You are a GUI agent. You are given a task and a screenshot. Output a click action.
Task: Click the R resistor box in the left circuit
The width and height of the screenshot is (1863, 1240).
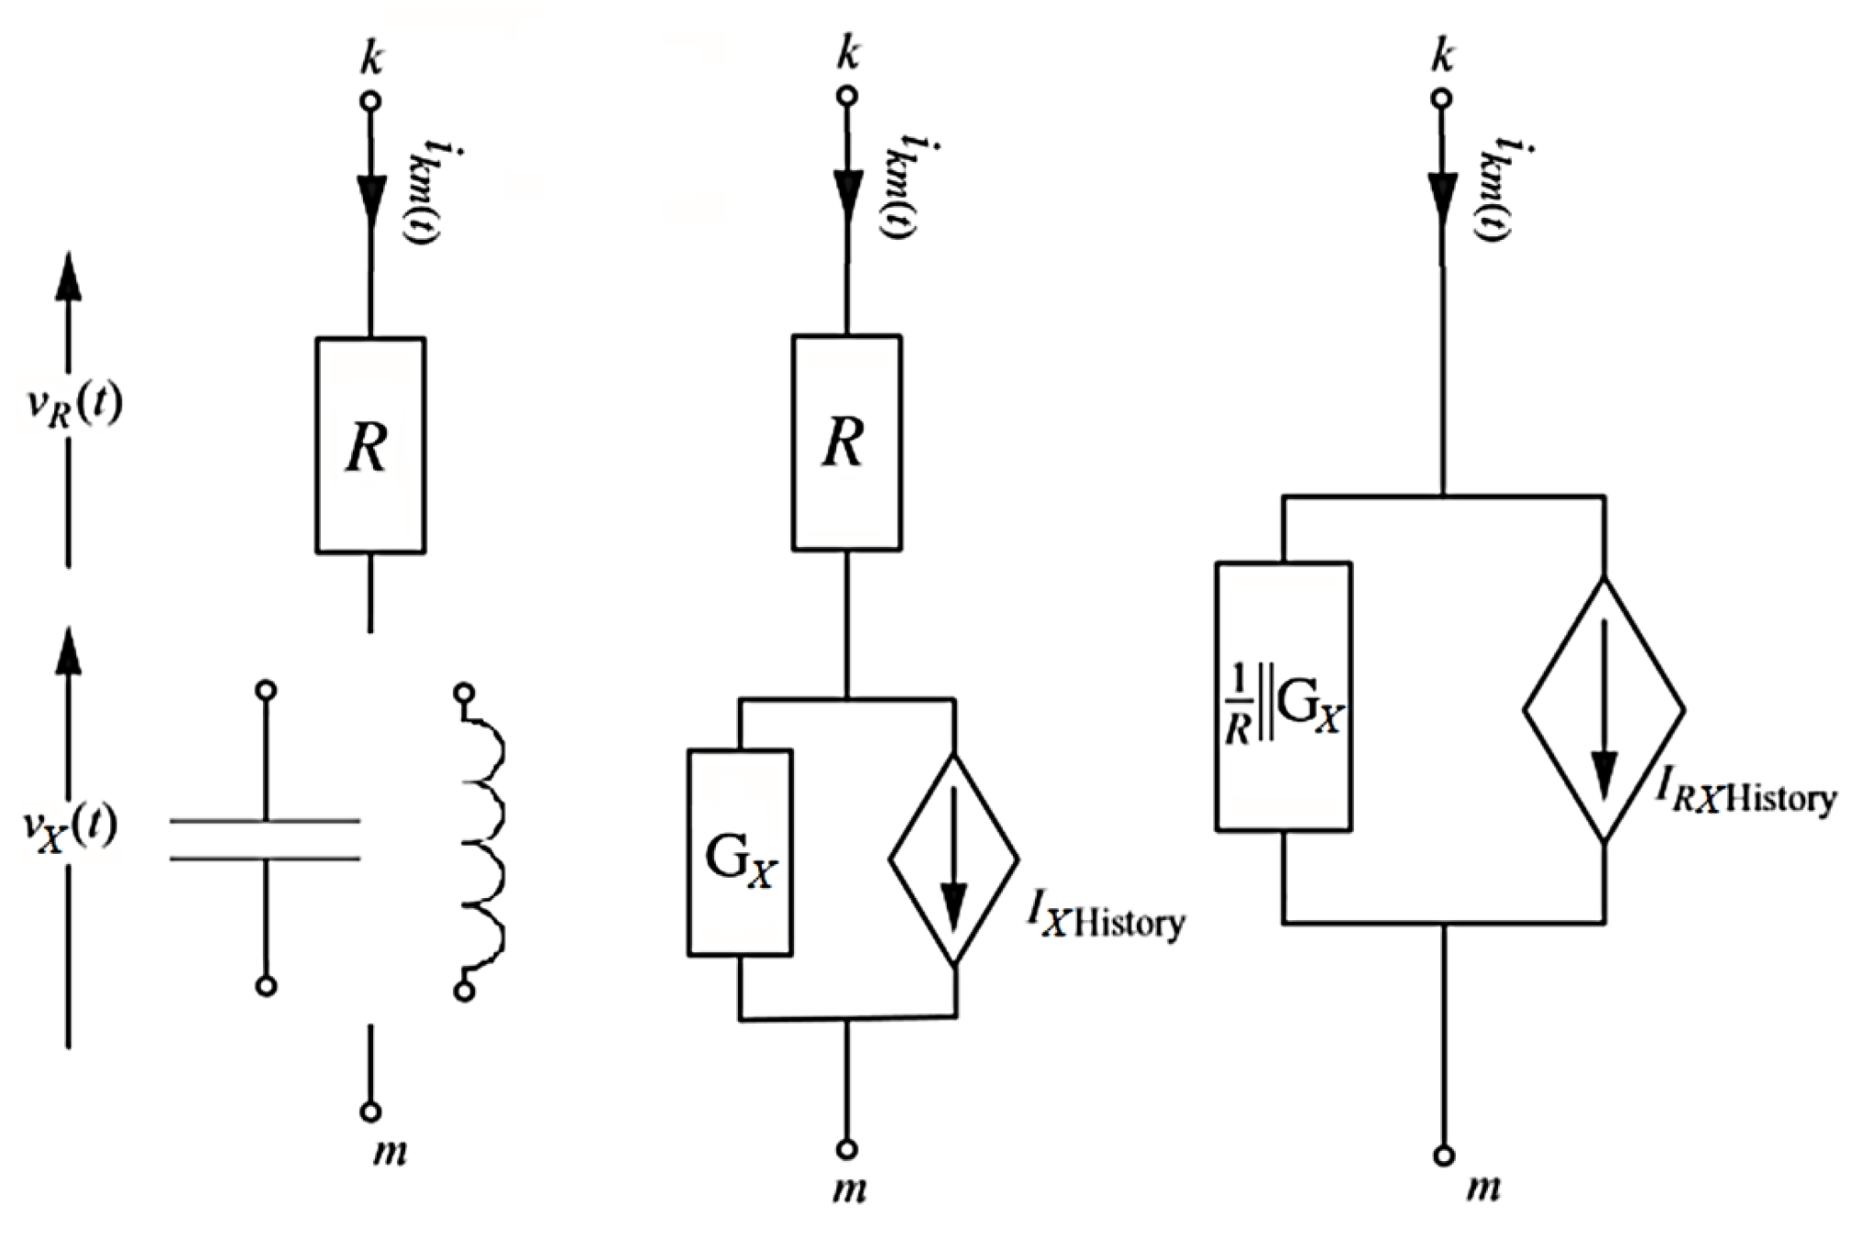click(x=369, y=446)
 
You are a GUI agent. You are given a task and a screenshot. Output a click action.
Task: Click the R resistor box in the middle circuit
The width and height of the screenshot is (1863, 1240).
click(x=846, y=443)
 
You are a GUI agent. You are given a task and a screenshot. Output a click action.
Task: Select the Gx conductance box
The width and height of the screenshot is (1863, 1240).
click(x=740, y=853)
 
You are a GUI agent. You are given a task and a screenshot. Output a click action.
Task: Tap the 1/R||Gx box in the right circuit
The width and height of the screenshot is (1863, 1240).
click(x=1283, y=697)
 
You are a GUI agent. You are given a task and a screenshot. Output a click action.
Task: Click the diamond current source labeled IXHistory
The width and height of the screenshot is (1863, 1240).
click(x=954, y=859)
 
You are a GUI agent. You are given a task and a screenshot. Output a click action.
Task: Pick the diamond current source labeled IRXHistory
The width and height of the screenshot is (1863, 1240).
click(x=1604, y=711)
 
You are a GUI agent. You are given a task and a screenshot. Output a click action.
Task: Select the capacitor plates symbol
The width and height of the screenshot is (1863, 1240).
click(x=266, y=839)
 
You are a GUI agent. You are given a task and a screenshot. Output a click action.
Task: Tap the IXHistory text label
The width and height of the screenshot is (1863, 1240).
click(x=1106, y=919)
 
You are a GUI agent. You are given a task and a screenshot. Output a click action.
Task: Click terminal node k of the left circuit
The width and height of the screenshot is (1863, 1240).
click(x=370, y=101)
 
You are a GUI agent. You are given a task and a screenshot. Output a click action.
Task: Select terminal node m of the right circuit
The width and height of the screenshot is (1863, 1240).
click(x=1444, y=1155)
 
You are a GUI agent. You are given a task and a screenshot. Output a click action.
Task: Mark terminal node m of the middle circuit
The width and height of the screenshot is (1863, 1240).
click(x=847, y=1149)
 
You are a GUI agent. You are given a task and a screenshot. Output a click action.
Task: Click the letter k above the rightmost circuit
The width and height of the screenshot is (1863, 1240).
click(x=1443, y=57)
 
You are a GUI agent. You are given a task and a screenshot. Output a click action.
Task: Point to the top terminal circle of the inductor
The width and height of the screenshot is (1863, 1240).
click(x=464, y=692)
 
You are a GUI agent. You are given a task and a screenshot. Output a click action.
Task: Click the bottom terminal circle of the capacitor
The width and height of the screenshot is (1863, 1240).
click(x=266, y=986)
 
